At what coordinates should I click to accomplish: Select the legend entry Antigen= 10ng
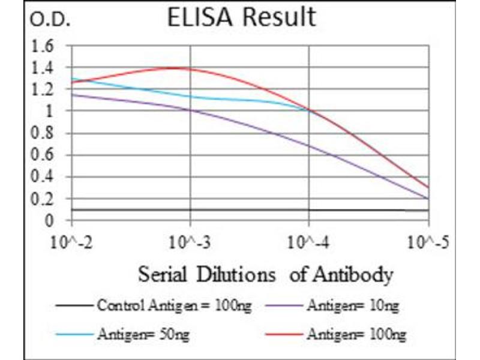coord(352,307)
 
